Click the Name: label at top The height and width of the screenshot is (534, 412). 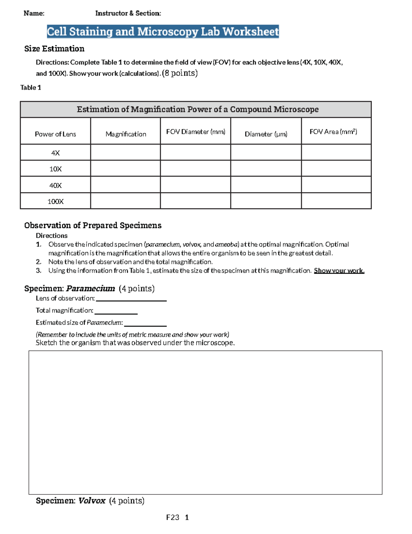point(34,13)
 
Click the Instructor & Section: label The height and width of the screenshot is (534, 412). point(128,13)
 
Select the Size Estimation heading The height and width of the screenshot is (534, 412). point(54,49)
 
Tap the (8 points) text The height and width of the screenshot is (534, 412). point(180,73)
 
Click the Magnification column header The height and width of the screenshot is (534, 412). point(126,134)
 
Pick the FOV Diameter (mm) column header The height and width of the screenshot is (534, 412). point(196,132)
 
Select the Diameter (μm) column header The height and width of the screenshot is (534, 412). point(266,134)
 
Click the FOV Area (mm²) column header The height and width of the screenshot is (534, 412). point(333,132)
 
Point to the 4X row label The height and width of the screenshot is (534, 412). point(55,153)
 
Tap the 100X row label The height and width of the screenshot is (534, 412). point(55,201)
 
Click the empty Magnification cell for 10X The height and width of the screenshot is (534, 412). point(126,169)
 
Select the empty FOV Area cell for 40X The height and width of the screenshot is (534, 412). point(336,185)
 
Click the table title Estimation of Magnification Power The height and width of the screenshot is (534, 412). point(197,109)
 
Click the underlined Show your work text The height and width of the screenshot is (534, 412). point(339,271)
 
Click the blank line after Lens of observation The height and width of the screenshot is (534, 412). point(131,299)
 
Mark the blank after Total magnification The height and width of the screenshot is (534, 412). point(116,312)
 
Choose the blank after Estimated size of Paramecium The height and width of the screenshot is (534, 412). point(145,324)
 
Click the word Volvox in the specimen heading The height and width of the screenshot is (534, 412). point(92,501)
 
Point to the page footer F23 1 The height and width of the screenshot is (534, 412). point(177,517)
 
